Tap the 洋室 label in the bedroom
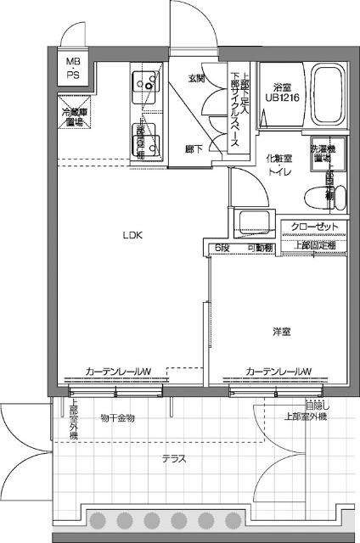[x=282, y=331]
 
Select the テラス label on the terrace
[x=174, y=459]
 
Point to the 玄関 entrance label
[x=196, y=78]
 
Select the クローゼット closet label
[x=312, y=227]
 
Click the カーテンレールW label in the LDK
[x=118, y=371]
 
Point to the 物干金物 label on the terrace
[x=117, y=417]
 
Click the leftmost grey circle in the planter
[x=97, y=520]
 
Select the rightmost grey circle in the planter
[x=230, y=520]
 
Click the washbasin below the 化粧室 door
[x=253, y=222]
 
